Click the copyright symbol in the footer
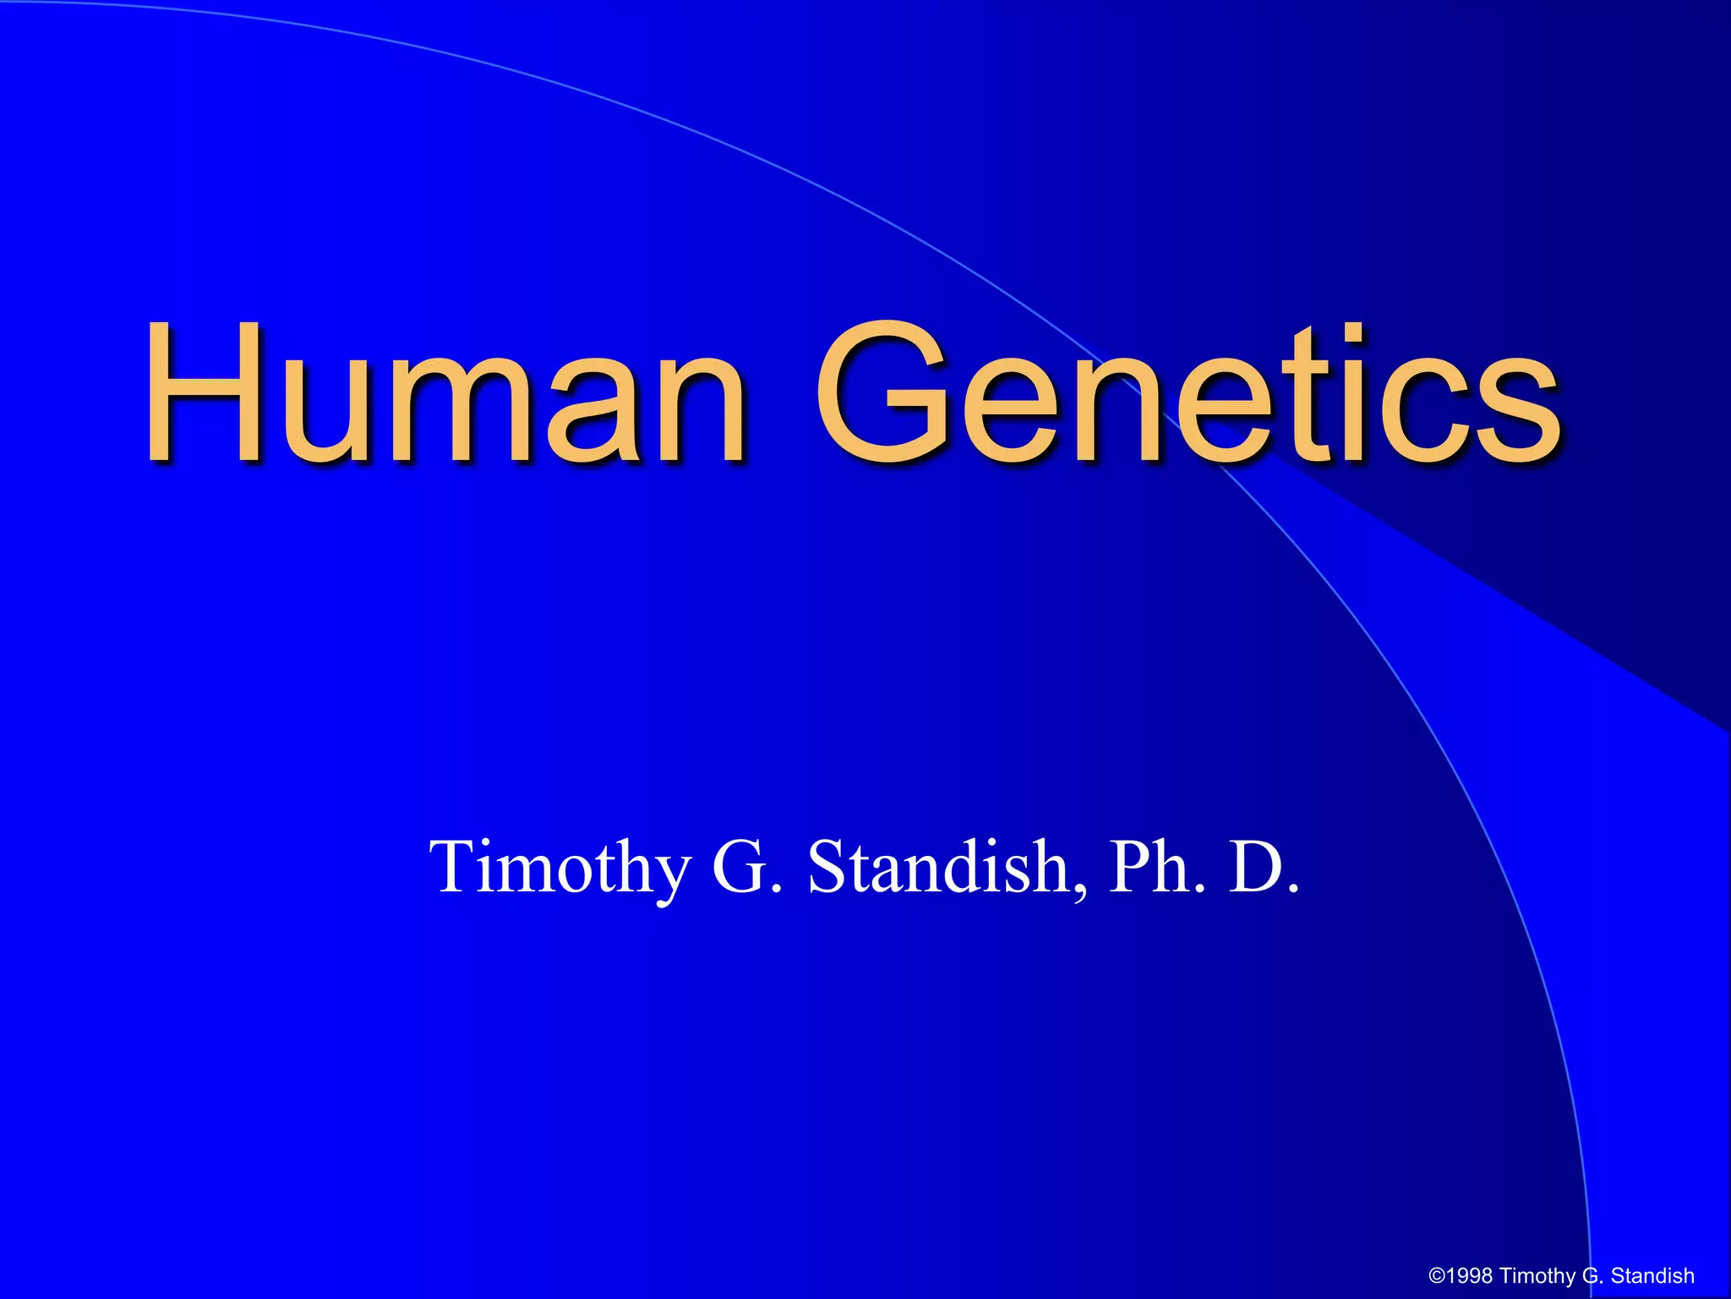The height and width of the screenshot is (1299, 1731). click(1437, 1276)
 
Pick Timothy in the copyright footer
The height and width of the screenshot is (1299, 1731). click(1537, 1276)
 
